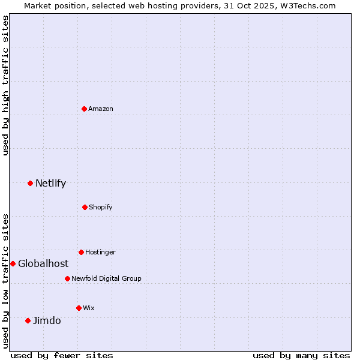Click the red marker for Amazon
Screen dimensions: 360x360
85,109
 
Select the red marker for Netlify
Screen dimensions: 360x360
30,183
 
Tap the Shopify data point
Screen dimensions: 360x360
85,207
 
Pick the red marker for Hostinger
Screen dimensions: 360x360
81,252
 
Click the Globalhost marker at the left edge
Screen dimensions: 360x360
13,263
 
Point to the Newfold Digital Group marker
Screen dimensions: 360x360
67,278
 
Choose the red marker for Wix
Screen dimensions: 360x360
79,308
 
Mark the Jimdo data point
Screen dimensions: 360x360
28,320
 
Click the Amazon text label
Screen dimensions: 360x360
101,109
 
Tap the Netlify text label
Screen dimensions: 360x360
50,183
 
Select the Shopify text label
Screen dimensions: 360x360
101,207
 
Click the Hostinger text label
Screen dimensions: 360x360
100,252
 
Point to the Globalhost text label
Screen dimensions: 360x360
43,263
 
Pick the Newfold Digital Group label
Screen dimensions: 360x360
106,278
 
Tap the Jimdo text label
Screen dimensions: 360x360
47,320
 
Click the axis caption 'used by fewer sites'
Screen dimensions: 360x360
62,355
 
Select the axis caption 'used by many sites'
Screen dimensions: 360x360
301,355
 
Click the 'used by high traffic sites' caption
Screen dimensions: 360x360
5,85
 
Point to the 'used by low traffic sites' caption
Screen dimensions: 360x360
5,281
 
